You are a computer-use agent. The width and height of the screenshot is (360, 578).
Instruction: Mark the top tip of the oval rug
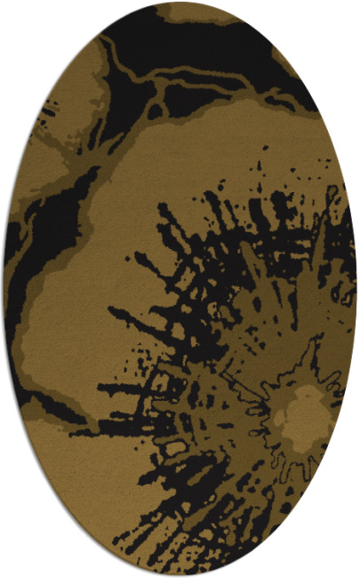pos(180,3)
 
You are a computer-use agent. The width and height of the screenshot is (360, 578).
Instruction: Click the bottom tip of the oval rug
pos(180,575)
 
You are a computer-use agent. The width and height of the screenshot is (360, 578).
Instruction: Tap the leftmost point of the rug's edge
pos(4,289)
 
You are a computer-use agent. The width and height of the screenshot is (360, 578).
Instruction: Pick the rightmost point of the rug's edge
pos(356,289)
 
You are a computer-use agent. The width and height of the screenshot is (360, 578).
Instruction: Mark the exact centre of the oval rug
pos(180,289)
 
